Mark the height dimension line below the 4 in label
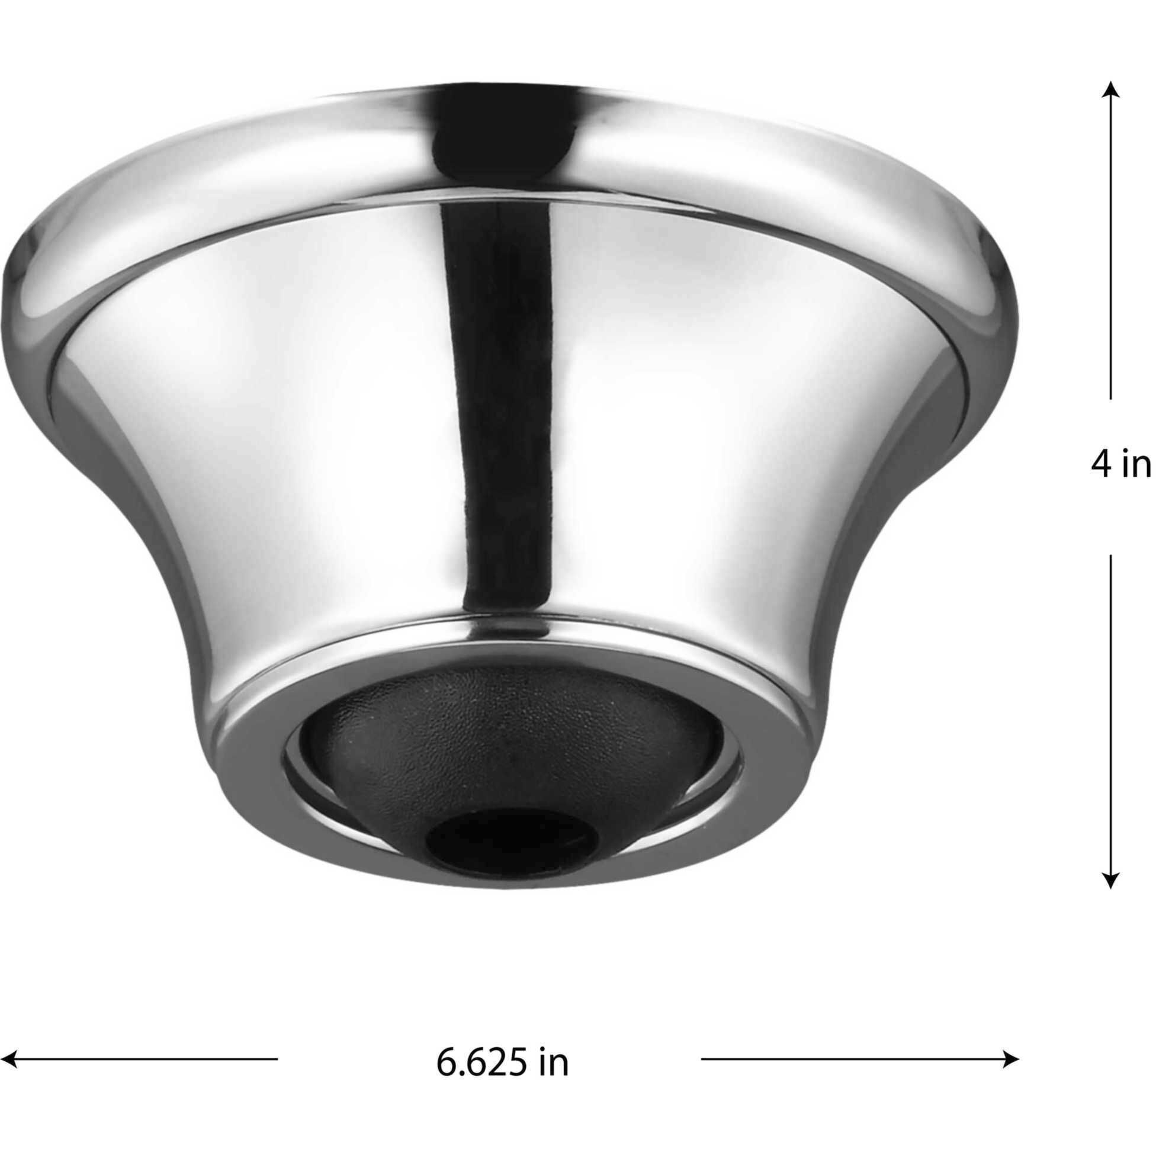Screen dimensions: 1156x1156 pyautogui.click(x=1110, y=706)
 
